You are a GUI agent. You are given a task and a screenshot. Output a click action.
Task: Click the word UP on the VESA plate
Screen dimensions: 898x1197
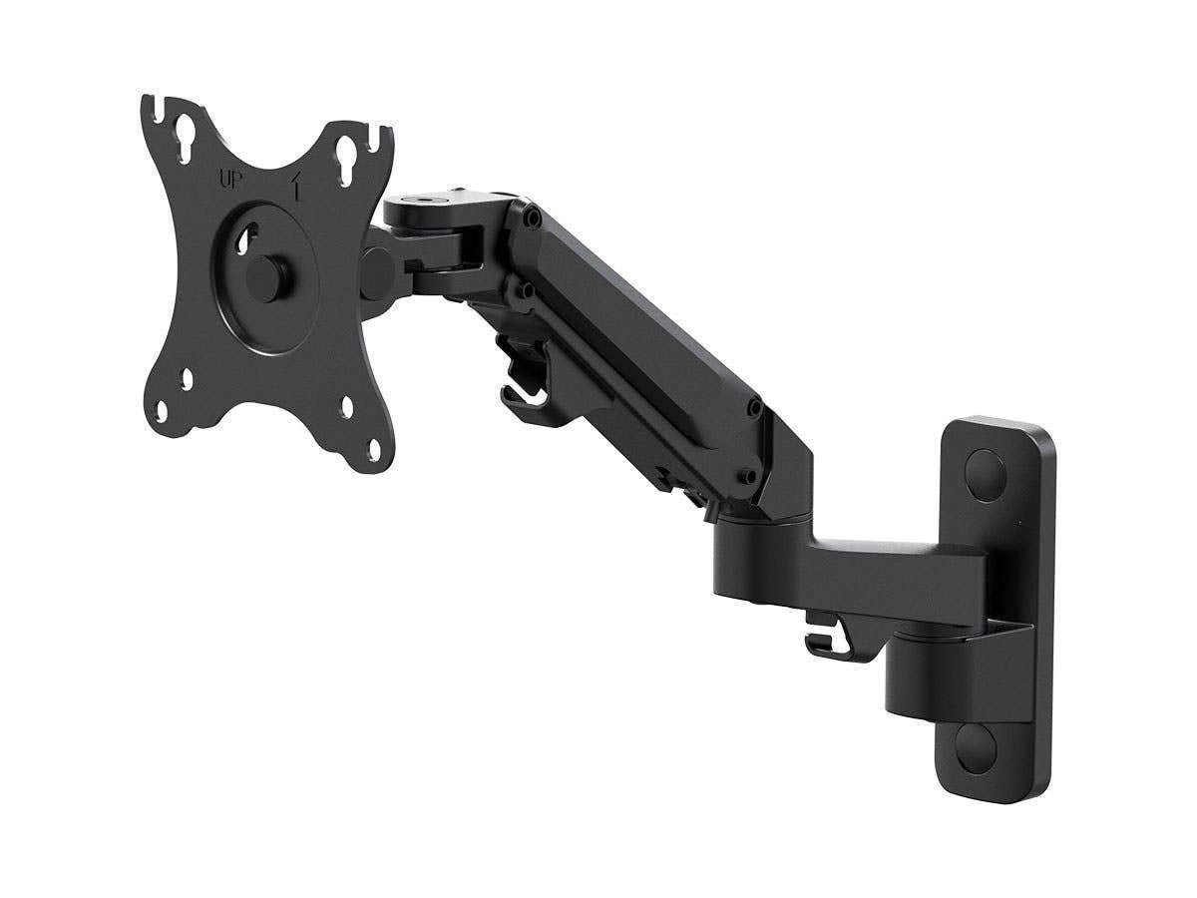coord(228,181)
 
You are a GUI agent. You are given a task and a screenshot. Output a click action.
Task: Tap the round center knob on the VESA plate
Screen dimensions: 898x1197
coord(268,272)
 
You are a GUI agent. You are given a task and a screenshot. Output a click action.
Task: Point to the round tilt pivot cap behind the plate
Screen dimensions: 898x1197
coord(377,266)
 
